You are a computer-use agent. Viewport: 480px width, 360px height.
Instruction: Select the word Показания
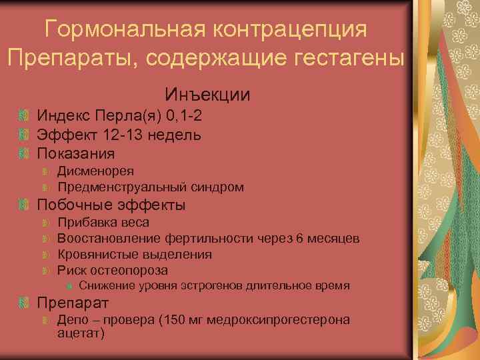[x=75, y=153]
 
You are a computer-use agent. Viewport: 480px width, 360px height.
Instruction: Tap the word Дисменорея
[x=95, y=171]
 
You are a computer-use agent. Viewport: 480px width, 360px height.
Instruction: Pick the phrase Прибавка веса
[x=103, y=222]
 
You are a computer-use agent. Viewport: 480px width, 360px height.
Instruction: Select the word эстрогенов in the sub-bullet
[x=214, y=286]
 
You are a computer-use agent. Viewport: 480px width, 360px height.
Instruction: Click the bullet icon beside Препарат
[x=25, y=303]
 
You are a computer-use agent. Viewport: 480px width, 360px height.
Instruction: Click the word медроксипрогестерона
[x=279, y=320]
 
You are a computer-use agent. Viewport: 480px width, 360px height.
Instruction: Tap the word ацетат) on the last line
[x=81, y=333]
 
